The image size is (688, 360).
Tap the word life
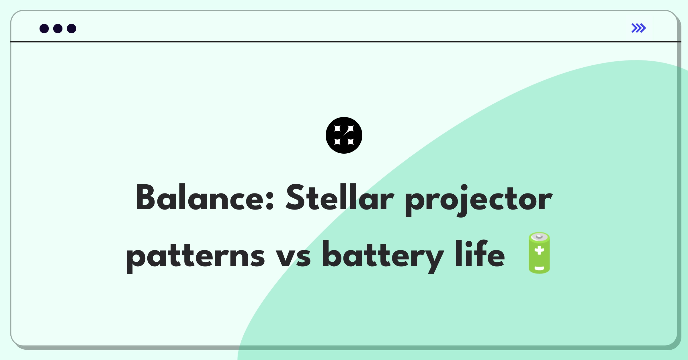[x=480, y=254]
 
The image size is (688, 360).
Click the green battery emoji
[x=539, y=253]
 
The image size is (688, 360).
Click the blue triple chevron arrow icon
[x=638, y=28]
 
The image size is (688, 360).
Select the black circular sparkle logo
[x=344, y=135]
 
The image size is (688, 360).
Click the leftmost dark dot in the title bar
[x=44, y=29]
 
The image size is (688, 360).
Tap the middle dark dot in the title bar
[x=58, y=29]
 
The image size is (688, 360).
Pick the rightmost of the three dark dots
[x=72, y=29]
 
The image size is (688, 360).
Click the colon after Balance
[x=269, y=201]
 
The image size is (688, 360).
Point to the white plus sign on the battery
[x=539, y=250]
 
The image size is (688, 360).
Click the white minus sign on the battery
[x=539, y=269]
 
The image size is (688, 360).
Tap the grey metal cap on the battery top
[x=539, y=237]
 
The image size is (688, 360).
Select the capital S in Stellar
[x=295, y=198]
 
